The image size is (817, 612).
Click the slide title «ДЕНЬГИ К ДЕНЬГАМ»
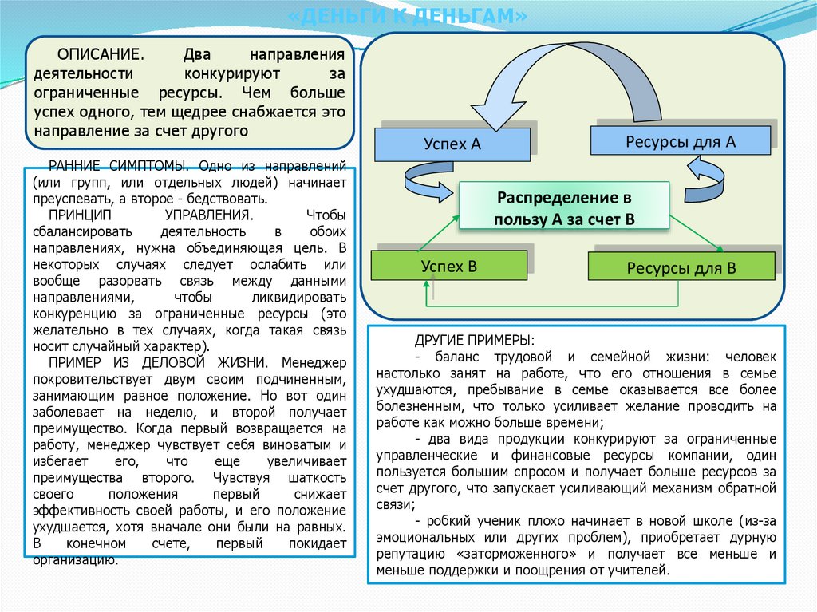408,16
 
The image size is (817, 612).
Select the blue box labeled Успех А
452,144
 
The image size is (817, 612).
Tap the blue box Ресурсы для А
680,141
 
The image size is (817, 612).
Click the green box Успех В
449,267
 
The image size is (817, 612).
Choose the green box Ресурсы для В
681,267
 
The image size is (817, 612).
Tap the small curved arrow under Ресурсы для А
705,181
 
